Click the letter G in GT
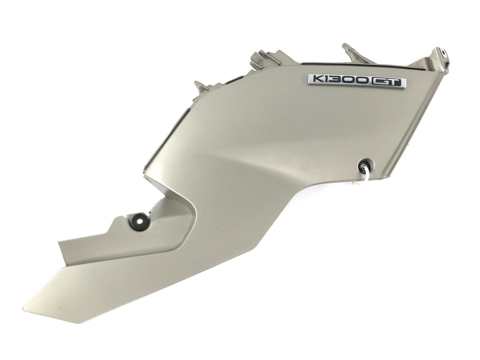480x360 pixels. pos(380,82)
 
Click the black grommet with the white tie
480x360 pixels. pos(365,166)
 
